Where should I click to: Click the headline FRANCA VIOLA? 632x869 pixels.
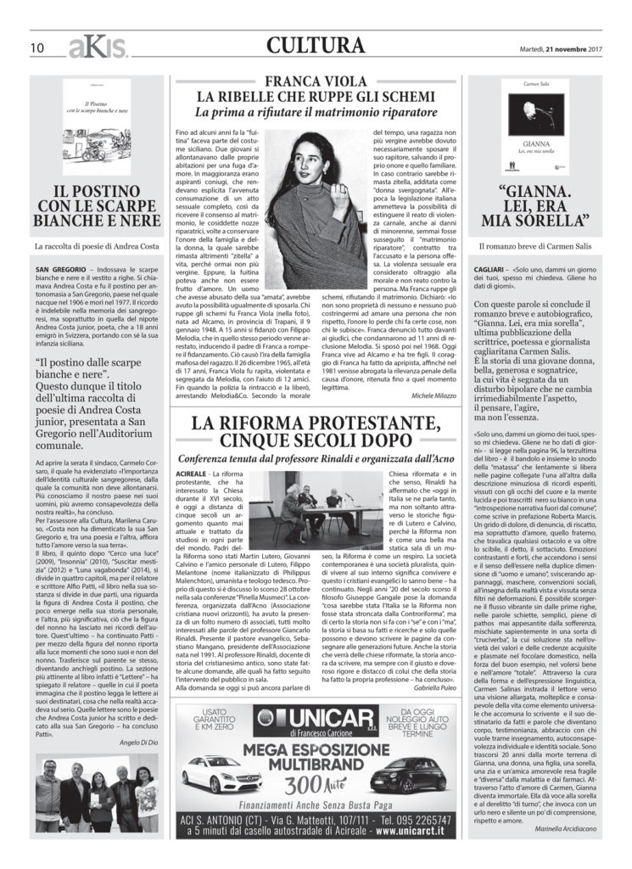(x=316, y=81)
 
